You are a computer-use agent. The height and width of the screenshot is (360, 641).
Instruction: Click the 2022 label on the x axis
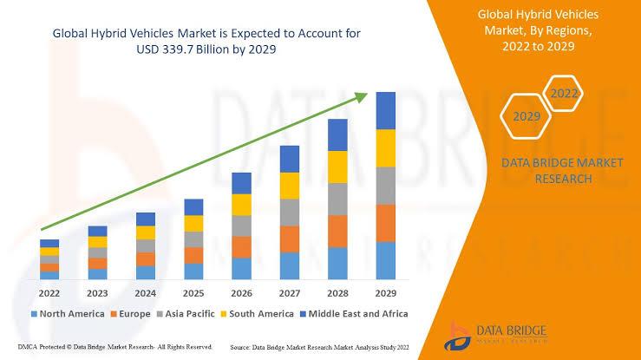pos(49,293)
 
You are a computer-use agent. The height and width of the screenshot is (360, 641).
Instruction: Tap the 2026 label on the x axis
pos(242,293)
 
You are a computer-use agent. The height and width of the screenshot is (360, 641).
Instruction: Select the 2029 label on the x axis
pos(385,293)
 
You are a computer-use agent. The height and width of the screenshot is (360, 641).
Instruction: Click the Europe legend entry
pos(129,313)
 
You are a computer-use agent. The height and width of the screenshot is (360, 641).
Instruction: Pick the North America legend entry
pos(68,313)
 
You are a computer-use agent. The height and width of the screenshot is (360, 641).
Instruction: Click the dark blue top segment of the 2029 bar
pos(385,110)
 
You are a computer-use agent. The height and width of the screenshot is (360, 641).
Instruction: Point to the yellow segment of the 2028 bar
pos(337,167)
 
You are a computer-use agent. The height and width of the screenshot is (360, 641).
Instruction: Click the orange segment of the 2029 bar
pos(385,223)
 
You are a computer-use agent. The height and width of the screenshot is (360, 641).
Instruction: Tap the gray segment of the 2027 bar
pos(290,212)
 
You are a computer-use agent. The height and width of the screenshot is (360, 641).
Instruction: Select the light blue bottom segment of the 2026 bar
pos(242,268)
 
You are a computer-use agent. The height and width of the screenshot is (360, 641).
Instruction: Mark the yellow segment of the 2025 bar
pos(194,223)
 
